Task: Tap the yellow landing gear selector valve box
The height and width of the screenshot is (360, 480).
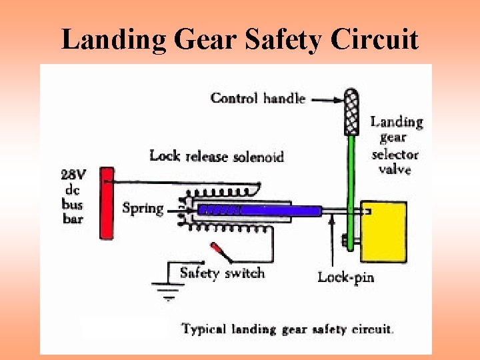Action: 383,232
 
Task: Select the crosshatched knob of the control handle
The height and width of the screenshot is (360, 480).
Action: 351,112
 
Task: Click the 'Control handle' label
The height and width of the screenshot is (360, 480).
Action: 258,99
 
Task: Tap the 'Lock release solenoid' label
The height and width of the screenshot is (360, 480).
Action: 217,157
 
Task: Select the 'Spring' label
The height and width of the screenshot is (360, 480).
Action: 143,208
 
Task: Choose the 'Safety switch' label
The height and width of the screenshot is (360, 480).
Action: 222,273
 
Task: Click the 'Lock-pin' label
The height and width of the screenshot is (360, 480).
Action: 345,277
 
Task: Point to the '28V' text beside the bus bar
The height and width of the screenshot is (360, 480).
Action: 73,175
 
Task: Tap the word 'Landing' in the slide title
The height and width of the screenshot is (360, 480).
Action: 113,40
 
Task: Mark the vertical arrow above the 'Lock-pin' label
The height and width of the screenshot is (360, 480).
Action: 333,240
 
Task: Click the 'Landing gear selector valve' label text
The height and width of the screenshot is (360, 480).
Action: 396,145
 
